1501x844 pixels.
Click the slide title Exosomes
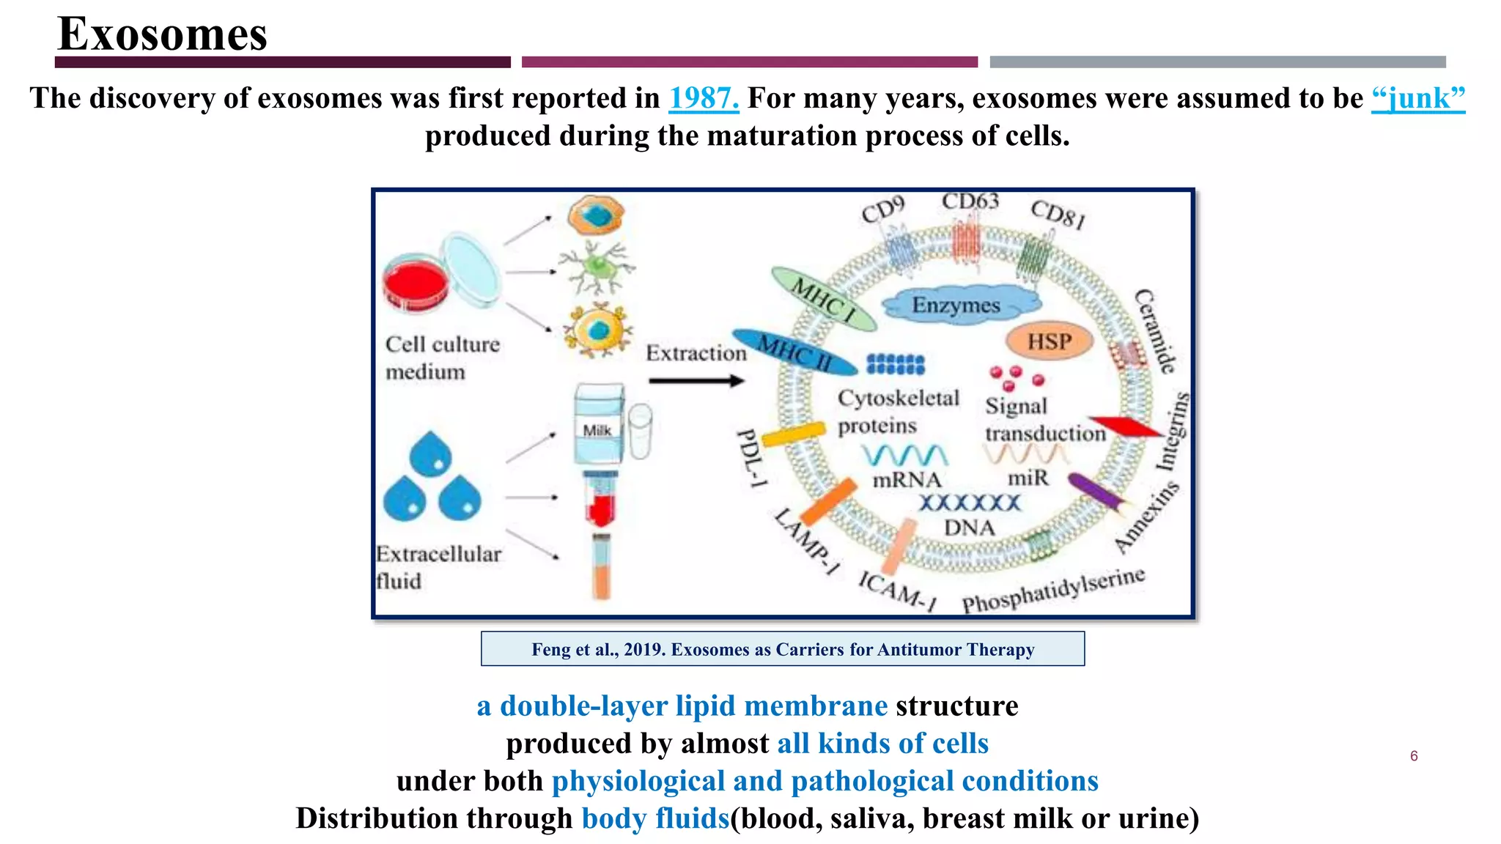coord(162,34)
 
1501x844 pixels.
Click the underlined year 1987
coord(704,98)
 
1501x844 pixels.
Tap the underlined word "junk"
coord(1417,98)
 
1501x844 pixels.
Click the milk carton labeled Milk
coord(598,425)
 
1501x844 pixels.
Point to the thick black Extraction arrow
coord(696,381)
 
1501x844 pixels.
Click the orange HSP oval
coord(1049,341)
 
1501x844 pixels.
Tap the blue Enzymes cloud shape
coord(957,305)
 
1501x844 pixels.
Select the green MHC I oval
coord(824,300)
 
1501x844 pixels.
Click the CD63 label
coord(970,201)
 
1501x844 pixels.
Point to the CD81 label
coord(1057,214)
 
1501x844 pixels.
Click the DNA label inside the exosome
coord(969,527)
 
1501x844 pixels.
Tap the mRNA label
coord(907,480)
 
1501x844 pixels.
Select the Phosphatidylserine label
coord(1053,591)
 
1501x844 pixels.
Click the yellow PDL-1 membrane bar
coord(793,434)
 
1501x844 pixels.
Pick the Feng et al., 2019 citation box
coord(782,649)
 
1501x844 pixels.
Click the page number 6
coord(1414,756)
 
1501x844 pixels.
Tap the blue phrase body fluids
coord(655,818)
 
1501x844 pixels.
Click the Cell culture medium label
coord(442,358)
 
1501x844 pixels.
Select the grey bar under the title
coord(1217,62)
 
